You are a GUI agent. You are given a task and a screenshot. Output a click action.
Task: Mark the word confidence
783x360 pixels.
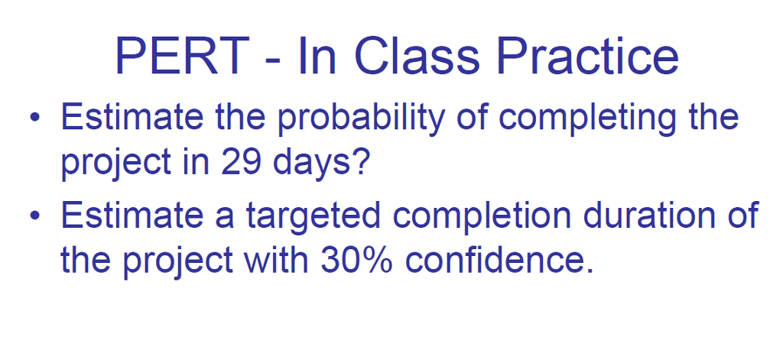pos(499,261)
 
